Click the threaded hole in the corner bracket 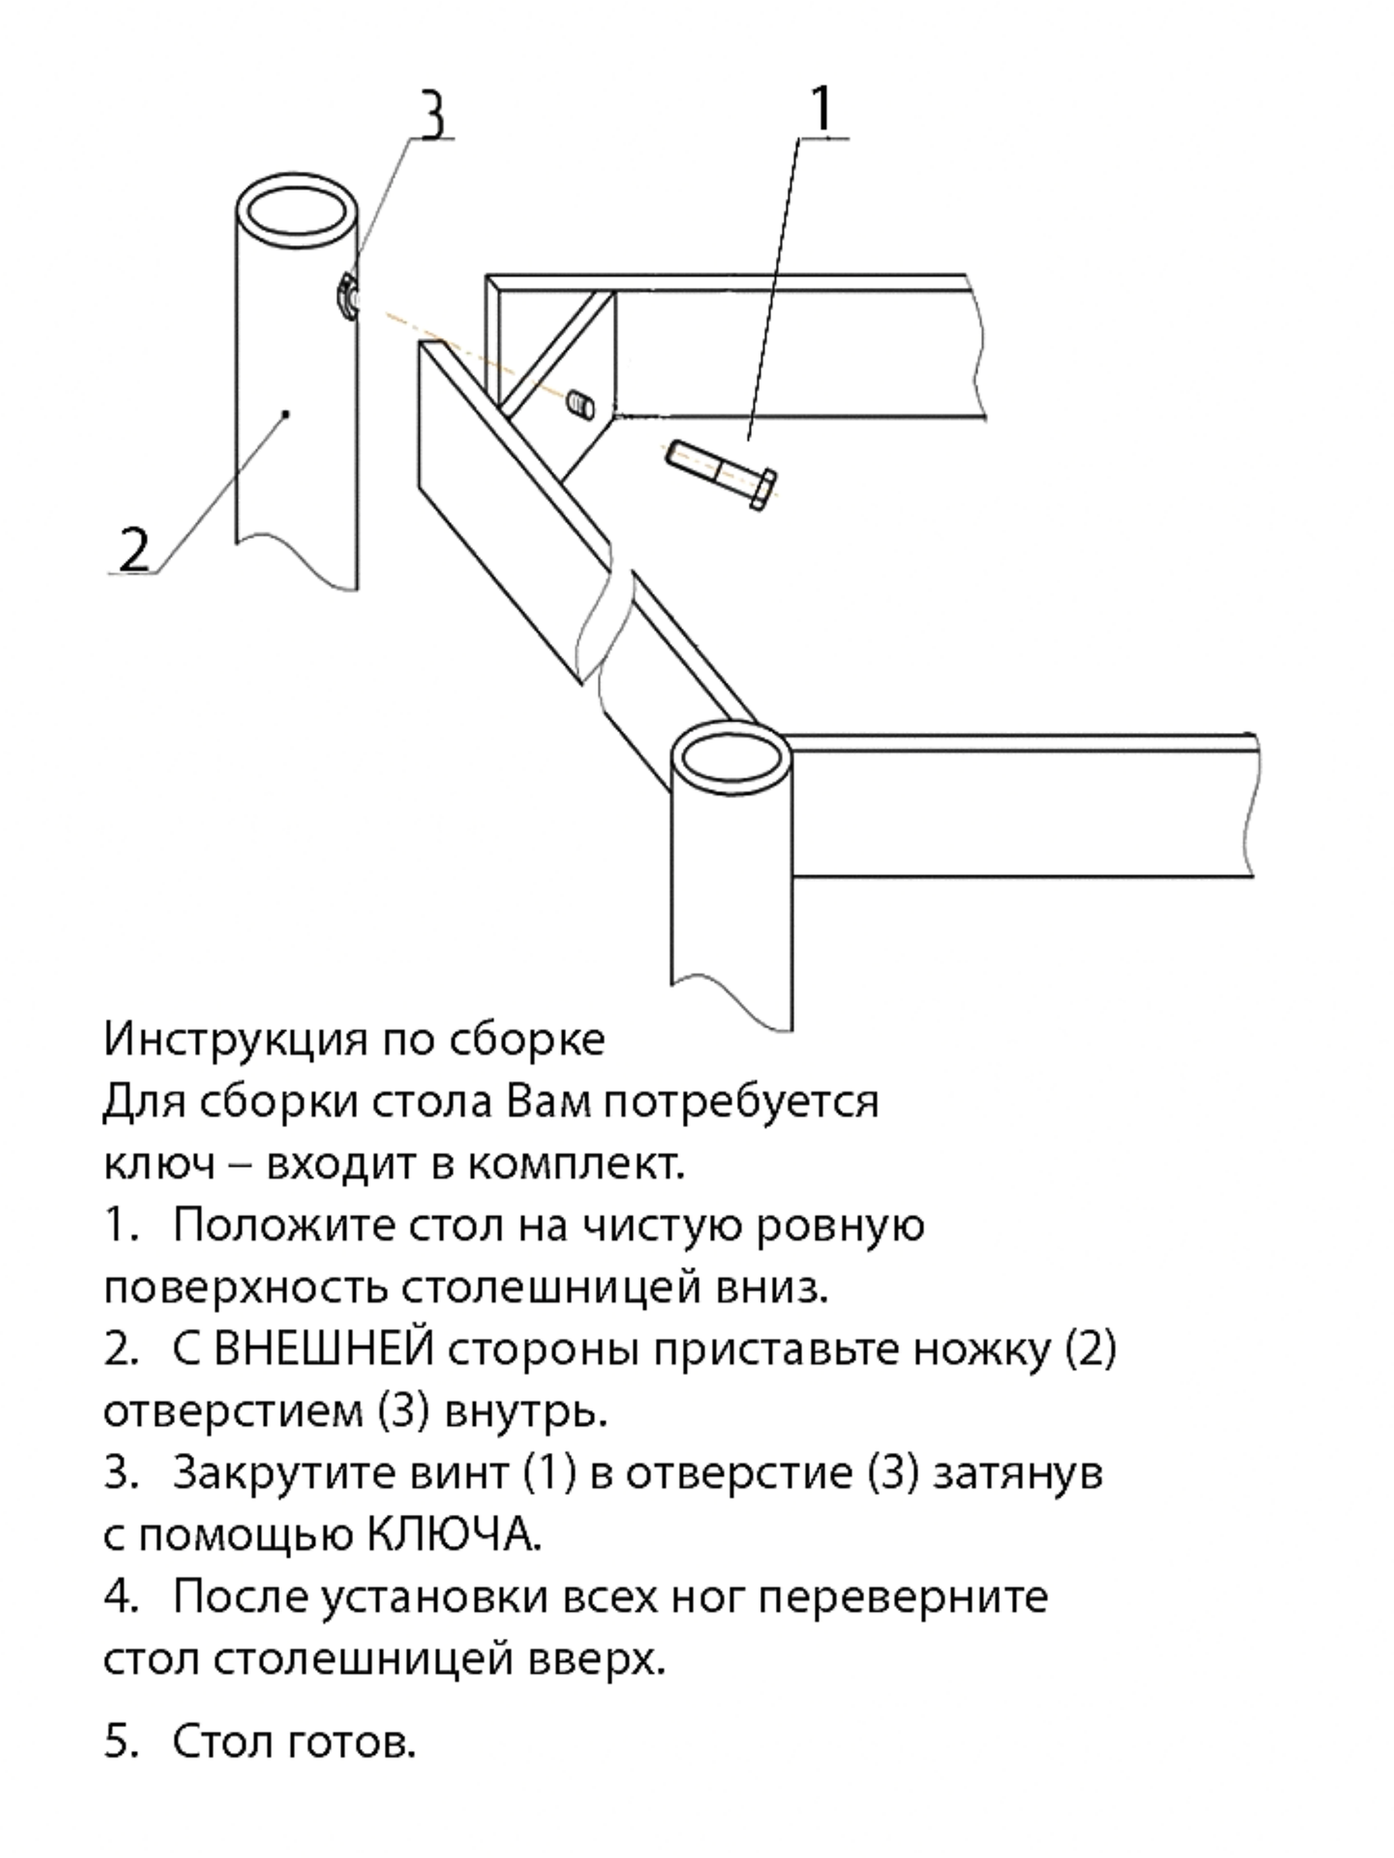(581, 405)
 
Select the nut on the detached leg (346, 296)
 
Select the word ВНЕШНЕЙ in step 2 (323, 1349)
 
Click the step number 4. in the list (120, 1598)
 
